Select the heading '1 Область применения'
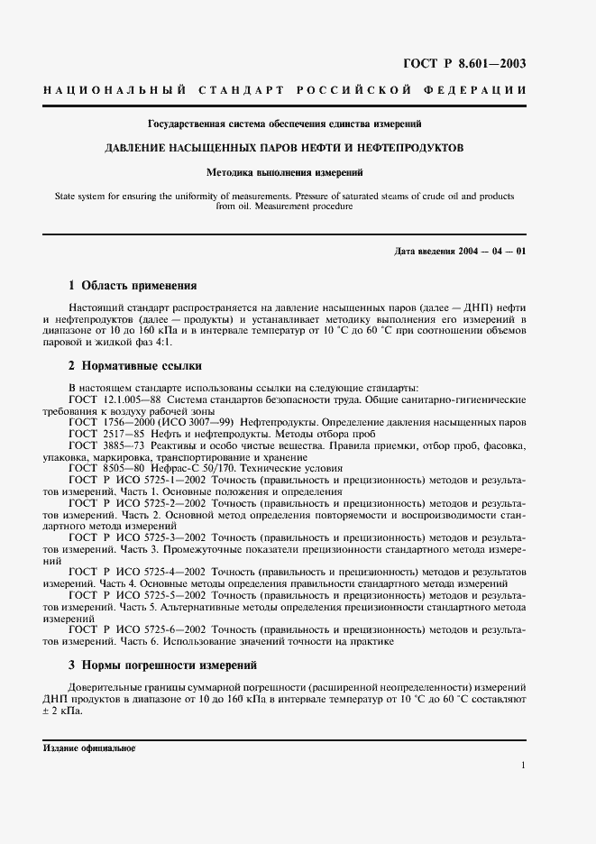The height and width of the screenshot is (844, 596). [x=133, y=286]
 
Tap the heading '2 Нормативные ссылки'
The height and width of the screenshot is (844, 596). [x=135, y=366]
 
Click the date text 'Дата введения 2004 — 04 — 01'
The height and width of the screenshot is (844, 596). [x=460, y=250]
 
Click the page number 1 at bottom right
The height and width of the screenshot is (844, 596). [x=522, y=765]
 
